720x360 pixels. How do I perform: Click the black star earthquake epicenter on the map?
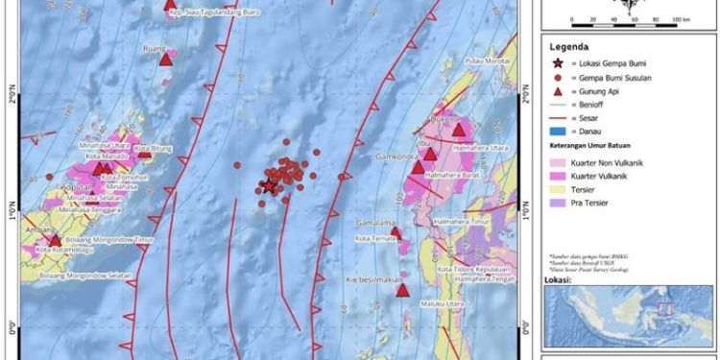[269, 187]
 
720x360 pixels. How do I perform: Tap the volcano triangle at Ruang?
[166, 60]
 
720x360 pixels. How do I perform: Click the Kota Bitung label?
[153, 149]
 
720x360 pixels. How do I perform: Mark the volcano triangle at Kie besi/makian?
[403, 291]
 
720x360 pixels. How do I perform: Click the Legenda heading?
[568, 45]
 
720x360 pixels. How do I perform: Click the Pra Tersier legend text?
[596, 203]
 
